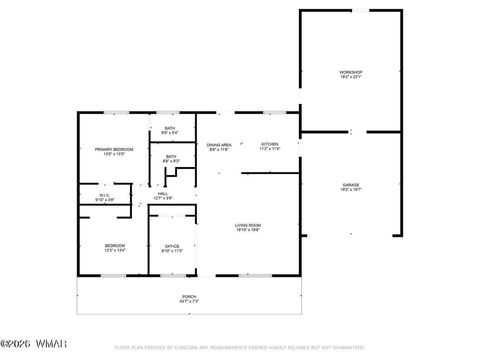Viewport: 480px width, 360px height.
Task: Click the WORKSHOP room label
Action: click(350, 73)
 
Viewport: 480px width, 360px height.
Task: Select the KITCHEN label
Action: click(271, 144)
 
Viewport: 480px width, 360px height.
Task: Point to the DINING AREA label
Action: click(220, 144)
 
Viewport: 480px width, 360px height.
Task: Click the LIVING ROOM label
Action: click(248, 225)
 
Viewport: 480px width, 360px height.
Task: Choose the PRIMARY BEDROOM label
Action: click(114, 149)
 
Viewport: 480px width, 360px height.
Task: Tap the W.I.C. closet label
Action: click(105, 197)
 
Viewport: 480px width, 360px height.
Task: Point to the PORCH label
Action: click(189, 296)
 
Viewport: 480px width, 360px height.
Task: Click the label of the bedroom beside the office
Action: click(115, 245)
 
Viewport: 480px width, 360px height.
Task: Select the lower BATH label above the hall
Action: click(171, 156)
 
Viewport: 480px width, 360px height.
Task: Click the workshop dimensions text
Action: click(350, 79)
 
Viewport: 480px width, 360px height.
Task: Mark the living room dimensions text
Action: click(248, 231)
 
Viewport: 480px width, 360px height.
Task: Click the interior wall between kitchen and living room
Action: click(270, 171)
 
